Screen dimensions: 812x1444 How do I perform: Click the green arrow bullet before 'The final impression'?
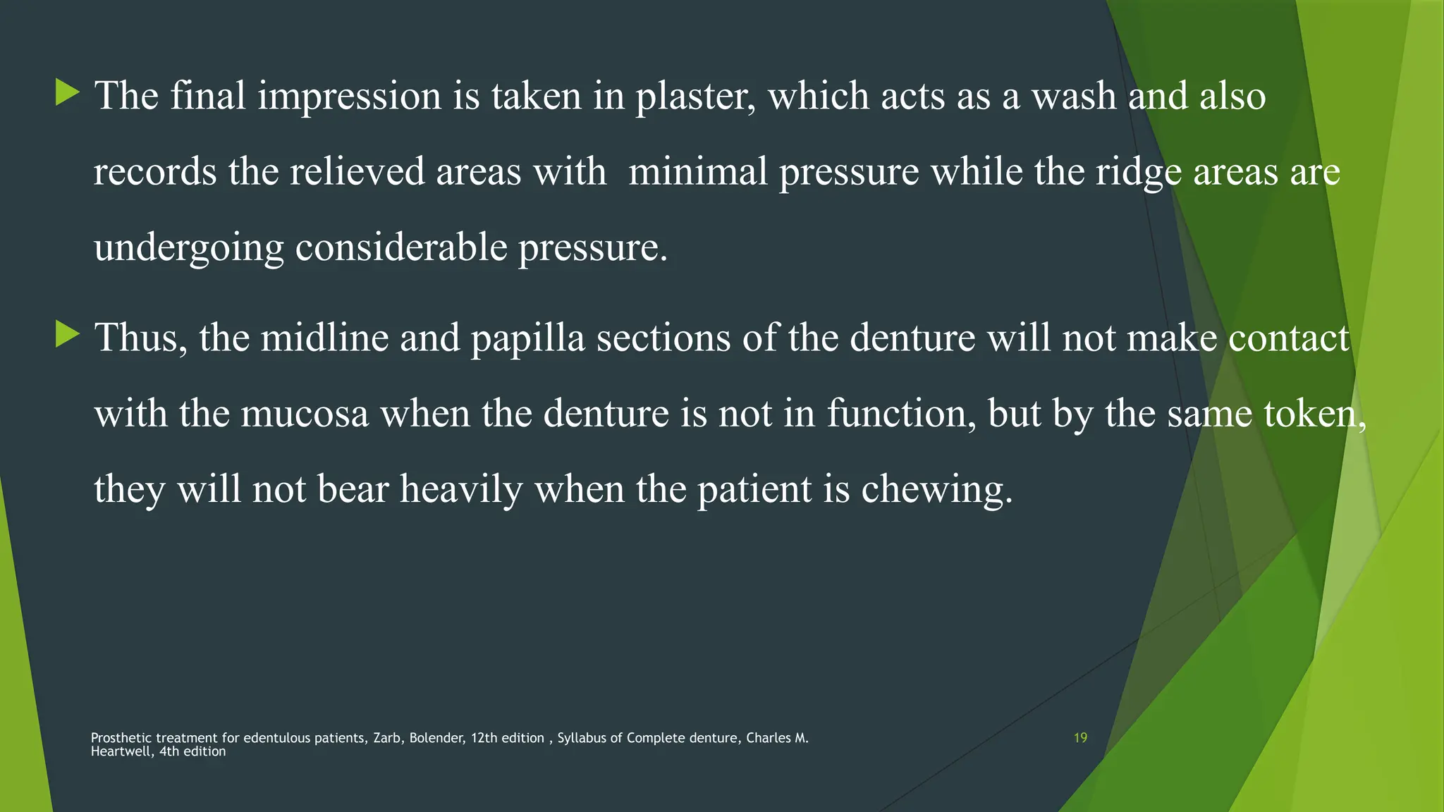tap(68, 93)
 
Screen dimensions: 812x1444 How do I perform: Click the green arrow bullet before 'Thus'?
tap(68, 334)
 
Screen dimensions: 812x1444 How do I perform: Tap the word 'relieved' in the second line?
tap(357, 172)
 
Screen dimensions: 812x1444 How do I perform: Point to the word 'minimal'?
tap(697, 172)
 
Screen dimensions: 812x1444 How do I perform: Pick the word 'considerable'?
tap(400, 248)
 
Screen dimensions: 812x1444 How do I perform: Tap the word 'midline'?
tap(324, 338)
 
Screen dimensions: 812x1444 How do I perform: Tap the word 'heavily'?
tap(461, 490)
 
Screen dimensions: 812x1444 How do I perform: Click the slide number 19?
tap(1080, 738)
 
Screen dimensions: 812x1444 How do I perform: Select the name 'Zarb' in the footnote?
tap(387, 738)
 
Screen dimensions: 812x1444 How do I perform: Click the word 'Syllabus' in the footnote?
tap(582, 739)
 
